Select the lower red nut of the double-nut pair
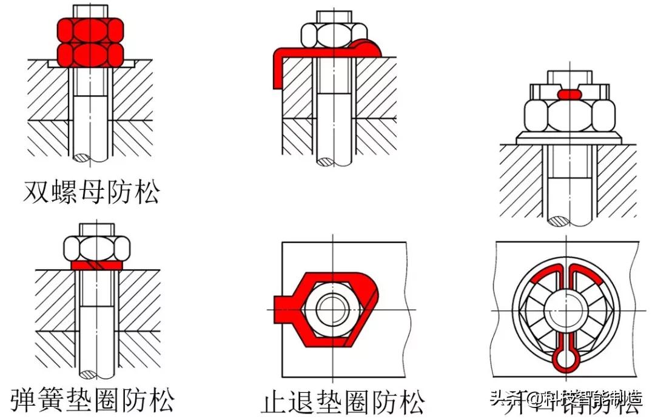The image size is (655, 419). click(90, 53)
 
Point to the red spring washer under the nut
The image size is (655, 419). click(96, 265)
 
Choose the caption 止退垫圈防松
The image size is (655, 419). click(343, 402)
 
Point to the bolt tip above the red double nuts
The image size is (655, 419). click(90, 10)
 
